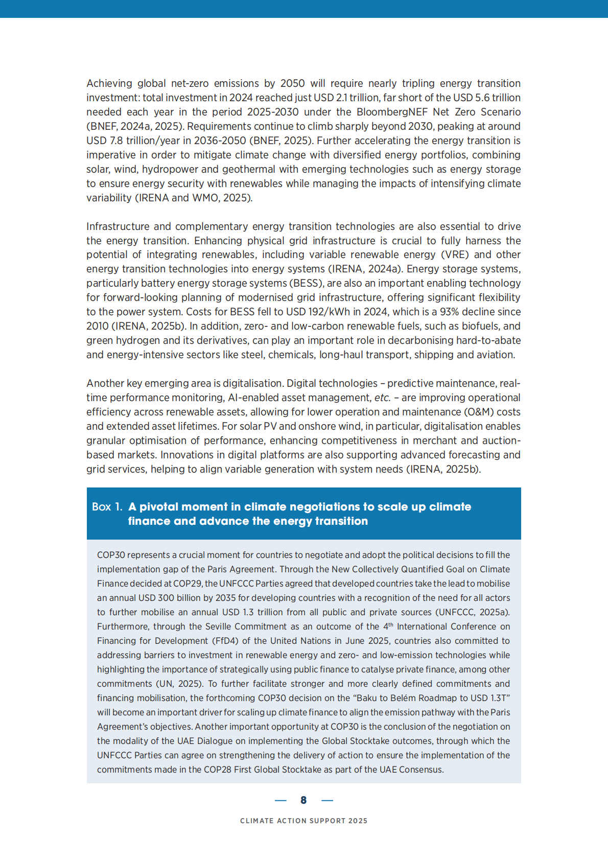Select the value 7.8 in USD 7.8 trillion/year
point(116,141)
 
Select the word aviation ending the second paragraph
point(494,355)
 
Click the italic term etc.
point(382,398)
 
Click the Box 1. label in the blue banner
point(107,507)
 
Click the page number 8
point(303,800)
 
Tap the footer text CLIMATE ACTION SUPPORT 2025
point(303,821)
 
